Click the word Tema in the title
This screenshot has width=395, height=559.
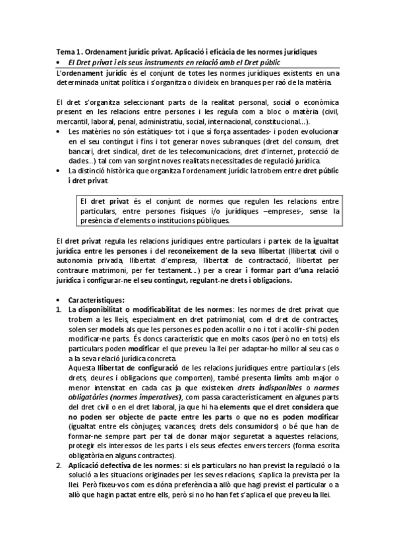[x=66, y=51]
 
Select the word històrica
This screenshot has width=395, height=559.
[x=131, y=171]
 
